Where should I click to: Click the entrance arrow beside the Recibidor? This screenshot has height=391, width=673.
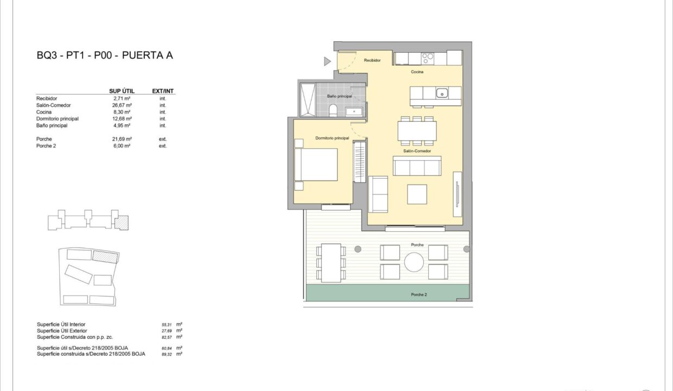[x=327, y=61]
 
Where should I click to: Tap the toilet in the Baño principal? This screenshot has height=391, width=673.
[x=333, y=110]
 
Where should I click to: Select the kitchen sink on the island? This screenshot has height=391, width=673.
[x=442, y=93]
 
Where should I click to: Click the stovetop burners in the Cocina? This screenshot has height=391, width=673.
[x=427, y=59]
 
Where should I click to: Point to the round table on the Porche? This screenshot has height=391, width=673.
[x=414, y=262]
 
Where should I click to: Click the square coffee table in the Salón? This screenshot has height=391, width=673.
[x=417, y=194]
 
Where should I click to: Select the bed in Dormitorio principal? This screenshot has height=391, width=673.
[x=316, y=165]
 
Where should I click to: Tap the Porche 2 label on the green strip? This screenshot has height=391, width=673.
[x=419, y=295]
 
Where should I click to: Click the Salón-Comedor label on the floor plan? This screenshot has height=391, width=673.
[x=417, y=151]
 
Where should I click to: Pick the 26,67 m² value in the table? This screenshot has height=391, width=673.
[x=122, y=105]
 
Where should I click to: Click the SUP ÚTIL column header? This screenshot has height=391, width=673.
[x=122, y=91]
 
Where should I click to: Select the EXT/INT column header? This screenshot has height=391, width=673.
[x=163, y=91]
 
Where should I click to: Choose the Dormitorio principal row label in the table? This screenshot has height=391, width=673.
[x=58, y=119]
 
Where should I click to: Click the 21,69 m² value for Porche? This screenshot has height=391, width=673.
[x=122, y=139]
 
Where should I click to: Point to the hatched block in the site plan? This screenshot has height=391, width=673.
[x=105, y=257]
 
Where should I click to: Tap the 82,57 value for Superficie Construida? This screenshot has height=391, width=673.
[x=167, y=337]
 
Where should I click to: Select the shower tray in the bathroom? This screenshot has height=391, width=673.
[x=308, y=100]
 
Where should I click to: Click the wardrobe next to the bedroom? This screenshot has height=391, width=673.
[x=360, y=162]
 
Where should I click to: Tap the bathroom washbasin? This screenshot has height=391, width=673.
[x=354, y=111]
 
